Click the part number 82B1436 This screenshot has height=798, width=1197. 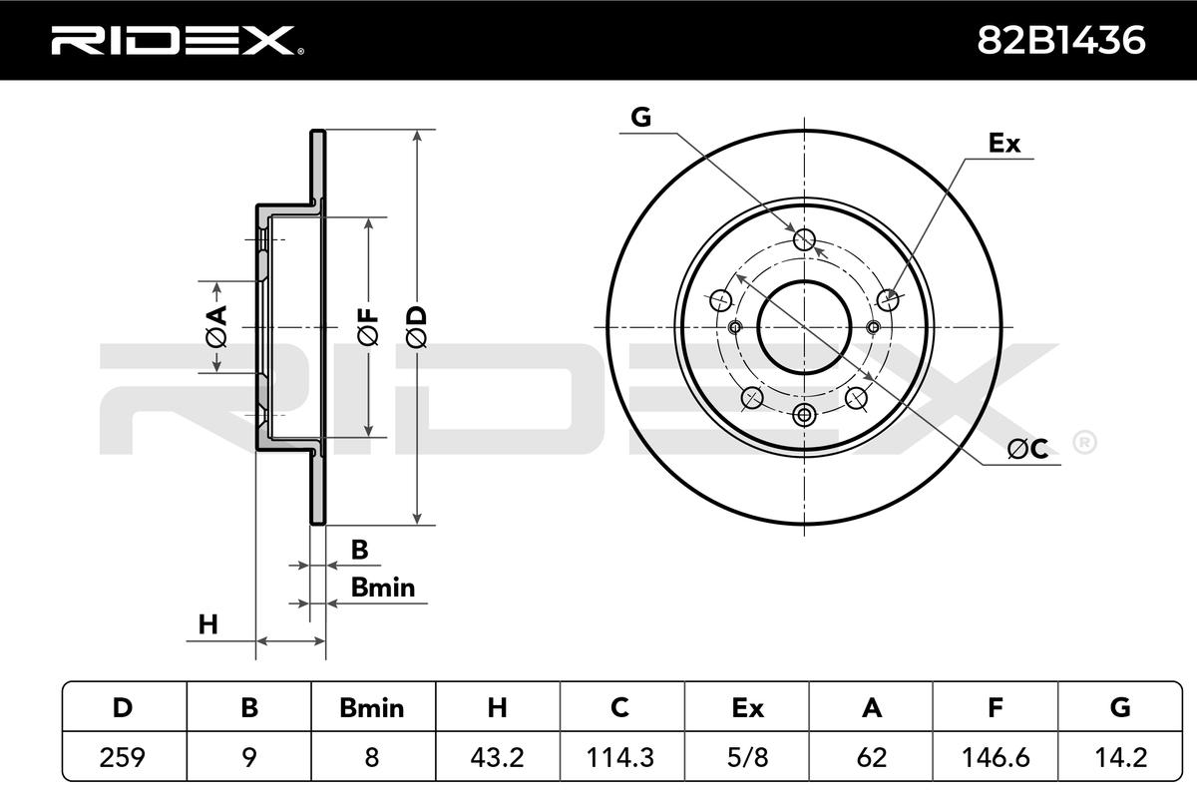point(1061,40)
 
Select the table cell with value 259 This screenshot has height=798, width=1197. point(123,757)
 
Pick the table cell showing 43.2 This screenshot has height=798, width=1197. point(497,757)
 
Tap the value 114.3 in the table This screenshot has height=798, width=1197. point(620,757)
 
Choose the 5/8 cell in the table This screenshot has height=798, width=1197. point(746,757)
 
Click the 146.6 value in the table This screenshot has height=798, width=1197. point(996,757)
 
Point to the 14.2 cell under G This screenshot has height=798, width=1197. point(1119,757)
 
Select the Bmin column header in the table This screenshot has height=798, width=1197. point(372,708)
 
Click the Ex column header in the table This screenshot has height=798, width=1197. point(746,708)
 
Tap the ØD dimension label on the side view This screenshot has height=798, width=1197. point(417,327)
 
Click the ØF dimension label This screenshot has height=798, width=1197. point(368,327)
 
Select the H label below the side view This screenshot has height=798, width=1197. point(207,625)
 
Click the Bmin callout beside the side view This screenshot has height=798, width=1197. point(382,588)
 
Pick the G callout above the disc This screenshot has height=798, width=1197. point(640,118)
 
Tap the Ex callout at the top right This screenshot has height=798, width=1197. point(1004,144)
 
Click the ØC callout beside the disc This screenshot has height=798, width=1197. point(1026,450)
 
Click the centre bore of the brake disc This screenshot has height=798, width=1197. point(804,326)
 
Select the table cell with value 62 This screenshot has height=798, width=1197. point(871,757)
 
